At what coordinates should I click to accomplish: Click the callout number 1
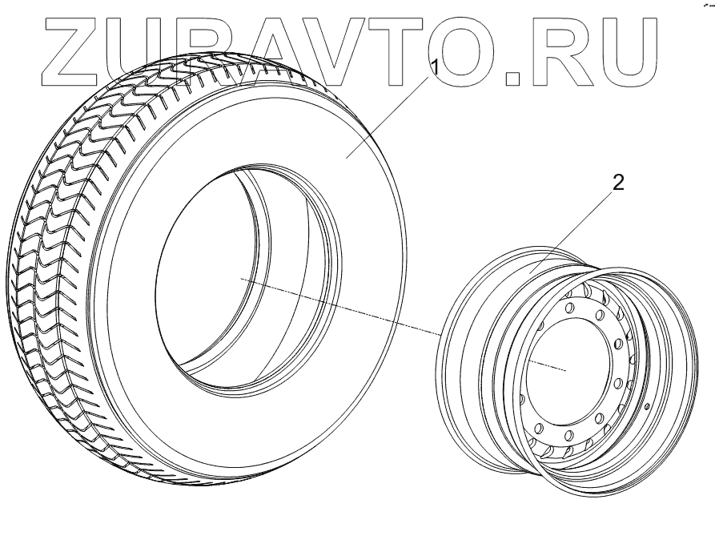(x=435, y=67)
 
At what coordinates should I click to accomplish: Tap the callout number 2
(x=617, y=181)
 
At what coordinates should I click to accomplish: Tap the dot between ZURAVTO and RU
(x=514, y=76)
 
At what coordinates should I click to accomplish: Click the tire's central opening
(x=232, y=272)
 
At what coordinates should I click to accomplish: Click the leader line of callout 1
(x=392, y=111)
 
